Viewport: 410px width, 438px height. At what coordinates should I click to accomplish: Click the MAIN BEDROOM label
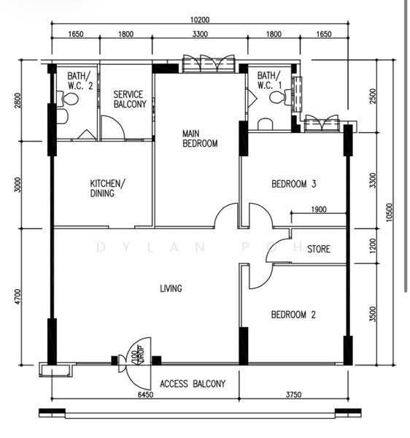coord(200,138)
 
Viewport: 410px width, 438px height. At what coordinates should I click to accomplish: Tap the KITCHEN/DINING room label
coord(107,188)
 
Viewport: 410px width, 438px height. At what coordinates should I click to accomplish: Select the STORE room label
coord(319,249)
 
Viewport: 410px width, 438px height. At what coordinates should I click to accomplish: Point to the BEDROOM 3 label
coord(293,184)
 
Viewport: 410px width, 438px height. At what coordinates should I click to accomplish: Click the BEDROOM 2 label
coord(293,315)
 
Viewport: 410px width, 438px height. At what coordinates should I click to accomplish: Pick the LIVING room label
coord(171,288)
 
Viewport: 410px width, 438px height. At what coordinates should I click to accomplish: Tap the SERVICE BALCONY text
coord(130,99)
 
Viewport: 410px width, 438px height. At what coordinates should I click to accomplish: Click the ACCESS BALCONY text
coord(193,384)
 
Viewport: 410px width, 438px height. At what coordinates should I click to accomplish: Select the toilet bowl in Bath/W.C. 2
coord(68,99)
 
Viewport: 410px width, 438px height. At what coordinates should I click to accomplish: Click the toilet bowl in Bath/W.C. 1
coord(280,97)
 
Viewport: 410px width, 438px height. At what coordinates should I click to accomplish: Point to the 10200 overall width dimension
coord(200,20)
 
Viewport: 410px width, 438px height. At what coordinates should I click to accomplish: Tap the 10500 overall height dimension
coord(390,212)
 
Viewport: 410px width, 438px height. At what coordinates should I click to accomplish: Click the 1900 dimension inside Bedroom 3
coord(319,210)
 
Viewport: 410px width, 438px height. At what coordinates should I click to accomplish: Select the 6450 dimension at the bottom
coord(146,394)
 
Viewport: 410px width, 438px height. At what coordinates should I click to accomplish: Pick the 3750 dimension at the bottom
coord(293,394)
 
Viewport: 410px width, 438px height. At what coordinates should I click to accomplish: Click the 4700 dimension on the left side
coord(18,296)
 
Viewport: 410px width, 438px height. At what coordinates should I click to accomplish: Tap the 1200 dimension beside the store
coord(373,246)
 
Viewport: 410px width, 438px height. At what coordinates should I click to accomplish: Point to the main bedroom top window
coord(209,64)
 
